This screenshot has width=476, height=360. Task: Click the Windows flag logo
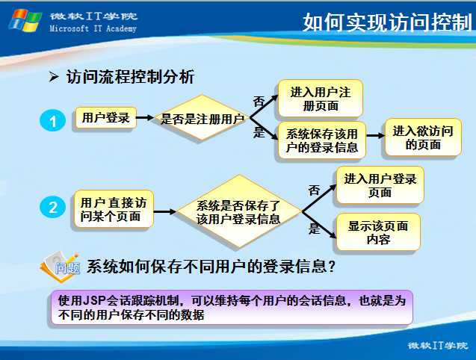(x=25, y=20)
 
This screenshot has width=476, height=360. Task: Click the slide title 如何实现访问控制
(x=387, y=22)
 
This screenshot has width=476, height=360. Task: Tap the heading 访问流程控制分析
(x=130, y=76)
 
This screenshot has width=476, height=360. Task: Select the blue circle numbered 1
(x=52, y=120)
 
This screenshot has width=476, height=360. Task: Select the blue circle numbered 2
(x=52, y=207)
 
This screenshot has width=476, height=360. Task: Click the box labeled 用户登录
(x=105, y=118)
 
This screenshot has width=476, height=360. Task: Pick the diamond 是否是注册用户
(x=202, y=118)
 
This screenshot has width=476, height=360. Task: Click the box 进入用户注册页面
(x=321, y=99)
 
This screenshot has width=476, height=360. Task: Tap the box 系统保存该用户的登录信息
(x=322, y=140)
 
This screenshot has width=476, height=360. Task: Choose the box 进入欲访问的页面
(x=423, y=137)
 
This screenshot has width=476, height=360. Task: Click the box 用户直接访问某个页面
(x=114, y=209)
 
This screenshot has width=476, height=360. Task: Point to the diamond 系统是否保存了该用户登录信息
(x=239, y=211)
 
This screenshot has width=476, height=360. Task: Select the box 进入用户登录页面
(x=380, y=185)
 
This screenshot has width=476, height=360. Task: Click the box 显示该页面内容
(x=378, y=232)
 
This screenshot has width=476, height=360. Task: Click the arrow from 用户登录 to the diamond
(x=145, y=117)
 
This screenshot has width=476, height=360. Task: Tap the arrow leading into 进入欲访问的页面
(x=375, y=135)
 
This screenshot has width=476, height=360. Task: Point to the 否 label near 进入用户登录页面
(x=314, y=190)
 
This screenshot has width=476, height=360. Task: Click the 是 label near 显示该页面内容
(x=314, y=229)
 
